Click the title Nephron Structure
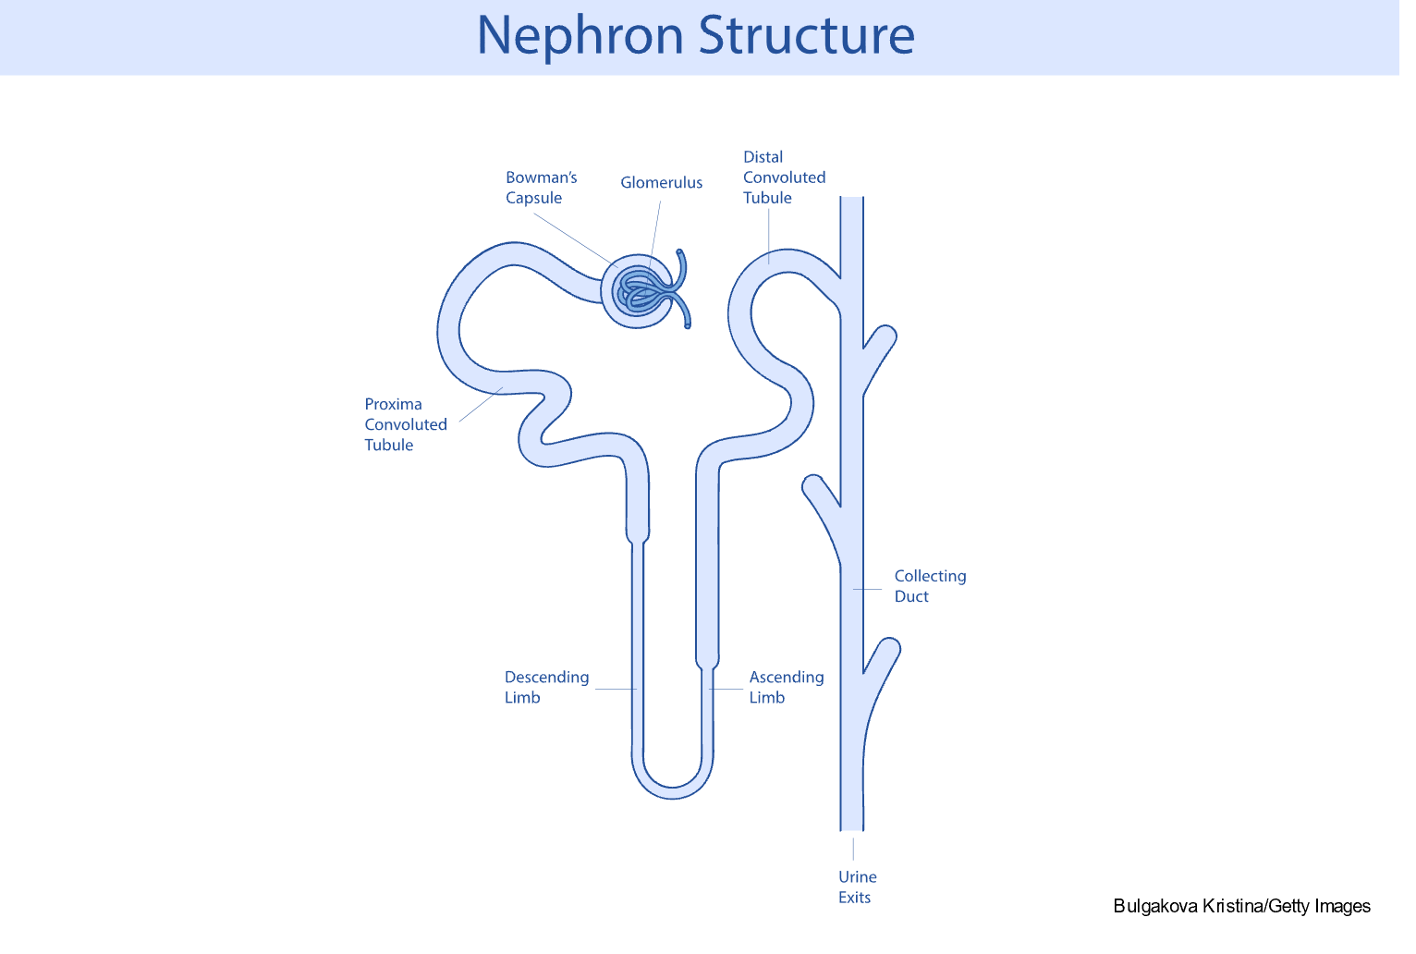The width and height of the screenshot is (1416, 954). click(695, 36)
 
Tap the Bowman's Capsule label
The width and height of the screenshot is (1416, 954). click(541, 188)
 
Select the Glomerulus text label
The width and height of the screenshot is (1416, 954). click(661, 183)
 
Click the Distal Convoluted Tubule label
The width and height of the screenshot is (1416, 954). click(784, 177)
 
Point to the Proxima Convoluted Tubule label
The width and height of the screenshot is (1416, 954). click(406, 424)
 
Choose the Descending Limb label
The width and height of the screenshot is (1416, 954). click(546, 687)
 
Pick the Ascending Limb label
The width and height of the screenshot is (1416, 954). click(786, 687)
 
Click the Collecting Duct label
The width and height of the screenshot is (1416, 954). click(930, 586)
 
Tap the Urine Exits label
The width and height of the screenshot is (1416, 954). click(857, 887)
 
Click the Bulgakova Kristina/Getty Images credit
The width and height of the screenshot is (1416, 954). click(1241, 906)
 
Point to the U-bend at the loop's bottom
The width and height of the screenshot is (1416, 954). click(673, 787)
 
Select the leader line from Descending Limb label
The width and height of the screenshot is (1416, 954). click(615, 689)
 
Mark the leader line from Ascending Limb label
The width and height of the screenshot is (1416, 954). click(727, 689)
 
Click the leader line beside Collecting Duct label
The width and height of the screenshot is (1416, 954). click(867, 589)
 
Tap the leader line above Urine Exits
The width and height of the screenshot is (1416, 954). click(853, 848)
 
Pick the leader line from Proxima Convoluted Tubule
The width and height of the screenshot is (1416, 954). click(481, 404)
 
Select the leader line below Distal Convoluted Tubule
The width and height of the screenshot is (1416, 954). click(769, 237)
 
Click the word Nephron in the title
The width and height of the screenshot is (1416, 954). click(580, 36)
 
